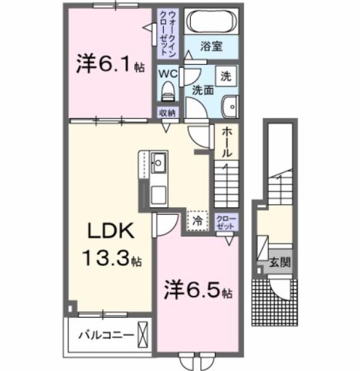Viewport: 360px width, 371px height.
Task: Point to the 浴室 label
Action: tap(211, 46)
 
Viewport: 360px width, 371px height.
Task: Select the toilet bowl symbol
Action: tap(166, 92)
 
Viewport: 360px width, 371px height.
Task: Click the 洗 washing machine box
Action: tap(225, 77)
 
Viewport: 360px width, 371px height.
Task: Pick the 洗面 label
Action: tap(202, 89)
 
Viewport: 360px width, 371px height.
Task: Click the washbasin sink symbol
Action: tap(228, 107)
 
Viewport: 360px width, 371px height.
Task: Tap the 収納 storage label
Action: tap(167, 113)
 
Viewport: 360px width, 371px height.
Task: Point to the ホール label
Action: tap(226, 143)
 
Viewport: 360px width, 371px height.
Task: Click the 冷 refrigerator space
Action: tap(199, 220)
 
